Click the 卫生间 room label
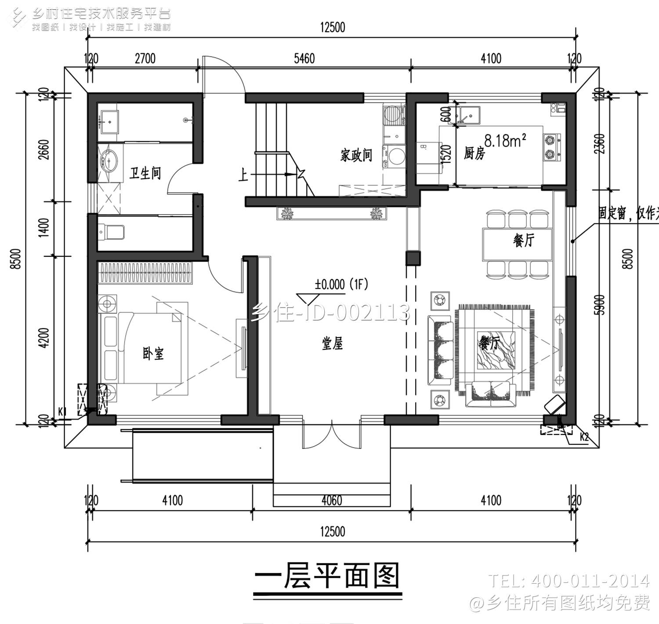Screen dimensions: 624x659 click(x=145, y=173)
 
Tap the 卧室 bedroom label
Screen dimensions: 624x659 click(x=153, y=353)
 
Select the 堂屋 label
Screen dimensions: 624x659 click(x=332, y=344)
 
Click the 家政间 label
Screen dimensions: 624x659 click(x=356, y=155)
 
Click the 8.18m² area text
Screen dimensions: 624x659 click(x=505, y=141)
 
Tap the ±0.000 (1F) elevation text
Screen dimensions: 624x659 click(x=341, y=284)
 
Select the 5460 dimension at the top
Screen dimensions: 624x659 click(x=304, y=59)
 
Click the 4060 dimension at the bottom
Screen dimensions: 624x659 click(x=332, y=500)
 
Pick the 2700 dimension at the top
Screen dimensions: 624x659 click(x=145, y=59)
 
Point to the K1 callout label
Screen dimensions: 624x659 click(x=62, y=411)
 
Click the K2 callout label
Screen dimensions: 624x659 click(x=584, y=437)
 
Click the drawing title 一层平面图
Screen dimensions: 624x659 click(x=327, y=576)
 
